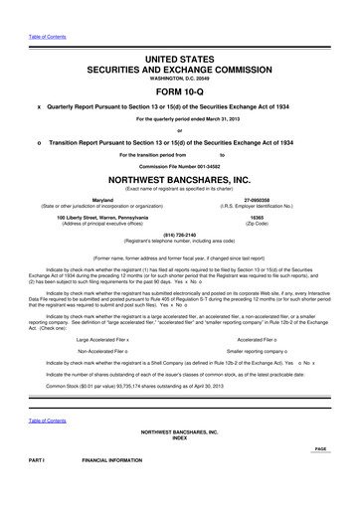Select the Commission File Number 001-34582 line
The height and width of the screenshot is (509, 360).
point(180,163)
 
